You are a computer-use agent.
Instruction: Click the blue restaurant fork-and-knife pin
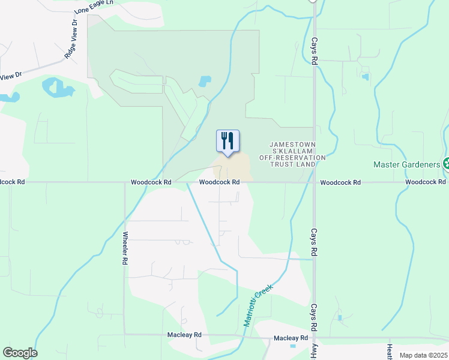tap(228, 141)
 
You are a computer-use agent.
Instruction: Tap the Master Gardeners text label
tap(407, 164)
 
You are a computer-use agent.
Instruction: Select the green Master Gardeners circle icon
tap(446, 163)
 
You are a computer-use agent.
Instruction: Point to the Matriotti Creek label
tap(259, 304)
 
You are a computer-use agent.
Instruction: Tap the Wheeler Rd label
tap(125, 248)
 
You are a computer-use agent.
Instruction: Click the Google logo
tap(20, 353)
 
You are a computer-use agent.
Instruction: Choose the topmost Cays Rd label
tap(314, 52)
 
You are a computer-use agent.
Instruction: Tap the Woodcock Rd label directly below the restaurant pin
tap(220, 182)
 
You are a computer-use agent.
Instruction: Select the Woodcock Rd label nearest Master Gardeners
tap(425, 182)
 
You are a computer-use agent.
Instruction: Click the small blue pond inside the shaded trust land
tap(205, 80)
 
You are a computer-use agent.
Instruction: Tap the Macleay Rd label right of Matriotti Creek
tap(291, 338)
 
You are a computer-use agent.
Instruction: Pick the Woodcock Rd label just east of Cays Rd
tap(340, 182)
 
